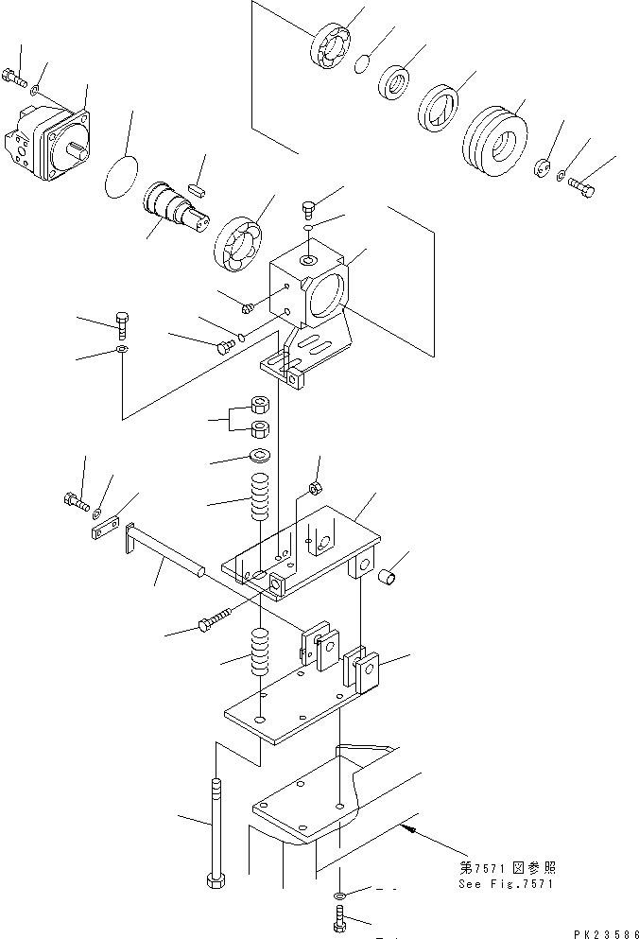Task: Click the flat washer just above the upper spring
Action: click(x=260, y=458)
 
